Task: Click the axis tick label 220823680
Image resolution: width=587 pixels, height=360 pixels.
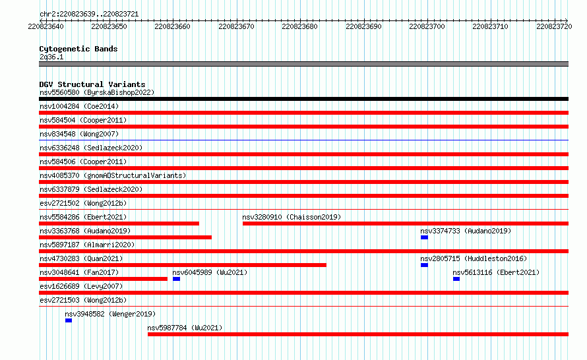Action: (299, 26)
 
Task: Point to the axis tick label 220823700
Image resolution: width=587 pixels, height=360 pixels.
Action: (427, 26)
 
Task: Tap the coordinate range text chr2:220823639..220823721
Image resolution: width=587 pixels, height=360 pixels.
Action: (89, 14)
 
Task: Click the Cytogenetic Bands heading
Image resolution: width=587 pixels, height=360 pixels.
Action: (78, 49)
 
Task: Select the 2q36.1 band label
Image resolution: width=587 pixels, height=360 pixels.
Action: (51, 57)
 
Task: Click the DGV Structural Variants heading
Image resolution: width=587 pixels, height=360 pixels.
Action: (92, 84)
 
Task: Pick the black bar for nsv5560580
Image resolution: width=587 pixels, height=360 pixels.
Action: (303, 99)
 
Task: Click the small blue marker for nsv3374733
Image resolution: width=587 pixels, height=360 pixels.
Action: (424, 237)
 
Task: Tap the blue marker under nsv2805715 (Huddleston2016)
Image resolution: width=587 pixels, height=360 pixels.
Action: (424, 265)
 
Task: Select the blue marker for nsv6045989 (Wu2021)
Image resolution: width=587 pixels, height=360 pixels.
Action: (176, 279)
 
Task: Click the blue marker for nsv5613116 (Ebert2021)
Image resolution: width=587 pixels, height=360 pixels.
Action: (456, 279)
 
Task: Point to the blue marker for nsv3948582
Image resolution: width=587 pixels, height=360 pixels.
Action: (69, 320)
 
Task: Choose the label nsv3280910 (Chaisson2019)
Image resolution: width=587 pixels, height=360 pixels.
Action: (292, 217)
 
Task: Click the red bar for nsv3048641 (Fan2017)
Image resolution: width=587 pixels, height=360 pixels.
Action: (103, 279)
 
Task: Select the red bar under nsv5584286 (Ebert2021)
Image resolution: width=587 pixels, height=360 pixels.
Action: (119, 224)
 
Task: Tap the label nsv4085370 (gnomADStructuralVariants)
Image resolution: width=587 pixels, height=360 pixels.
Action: (113, 175)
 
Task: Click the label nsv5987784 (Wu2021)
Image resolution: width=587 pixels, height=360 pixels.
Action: (185, 328)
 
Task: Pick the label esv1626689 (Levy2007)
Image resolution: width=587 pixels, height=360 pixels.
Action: (81, 286)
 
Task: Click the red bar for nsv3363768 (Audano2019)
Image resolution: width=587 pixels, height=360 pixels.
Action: (125, 237)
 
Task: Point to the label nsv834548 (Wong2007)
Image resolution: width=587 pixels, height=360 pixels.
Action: (79, 134)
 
